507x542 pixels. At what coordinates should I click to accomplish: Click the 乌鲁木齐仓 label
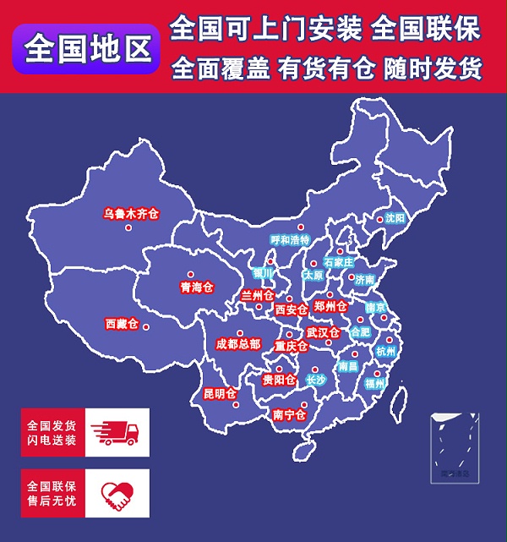click(x=131, y=214)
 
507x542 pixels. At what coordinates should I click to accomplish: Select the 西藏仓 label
click(x=122, y=324)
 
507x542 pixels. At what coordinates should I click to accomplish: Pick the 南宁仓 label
click(x=289, y=414)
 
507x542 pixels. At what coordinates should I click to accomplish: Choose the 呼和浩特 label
click(x=290, y=240)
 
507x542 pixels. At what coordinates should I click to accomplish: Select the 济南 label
click(x=364, y=279)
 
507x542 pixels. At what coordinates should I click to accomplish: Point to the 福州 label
click(x=375, y=383)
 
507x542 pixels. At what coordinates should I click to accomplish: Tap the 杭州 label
click(x=385, y=351)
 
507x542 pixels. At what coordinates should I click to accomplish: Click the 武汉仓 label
click(x=322, y=331)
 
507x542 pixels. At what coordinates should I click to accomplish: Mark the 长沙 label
click(x=315, y=380)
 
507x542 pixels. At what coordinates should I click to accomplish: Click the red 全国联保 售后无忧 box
click(x=52, y=494)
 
